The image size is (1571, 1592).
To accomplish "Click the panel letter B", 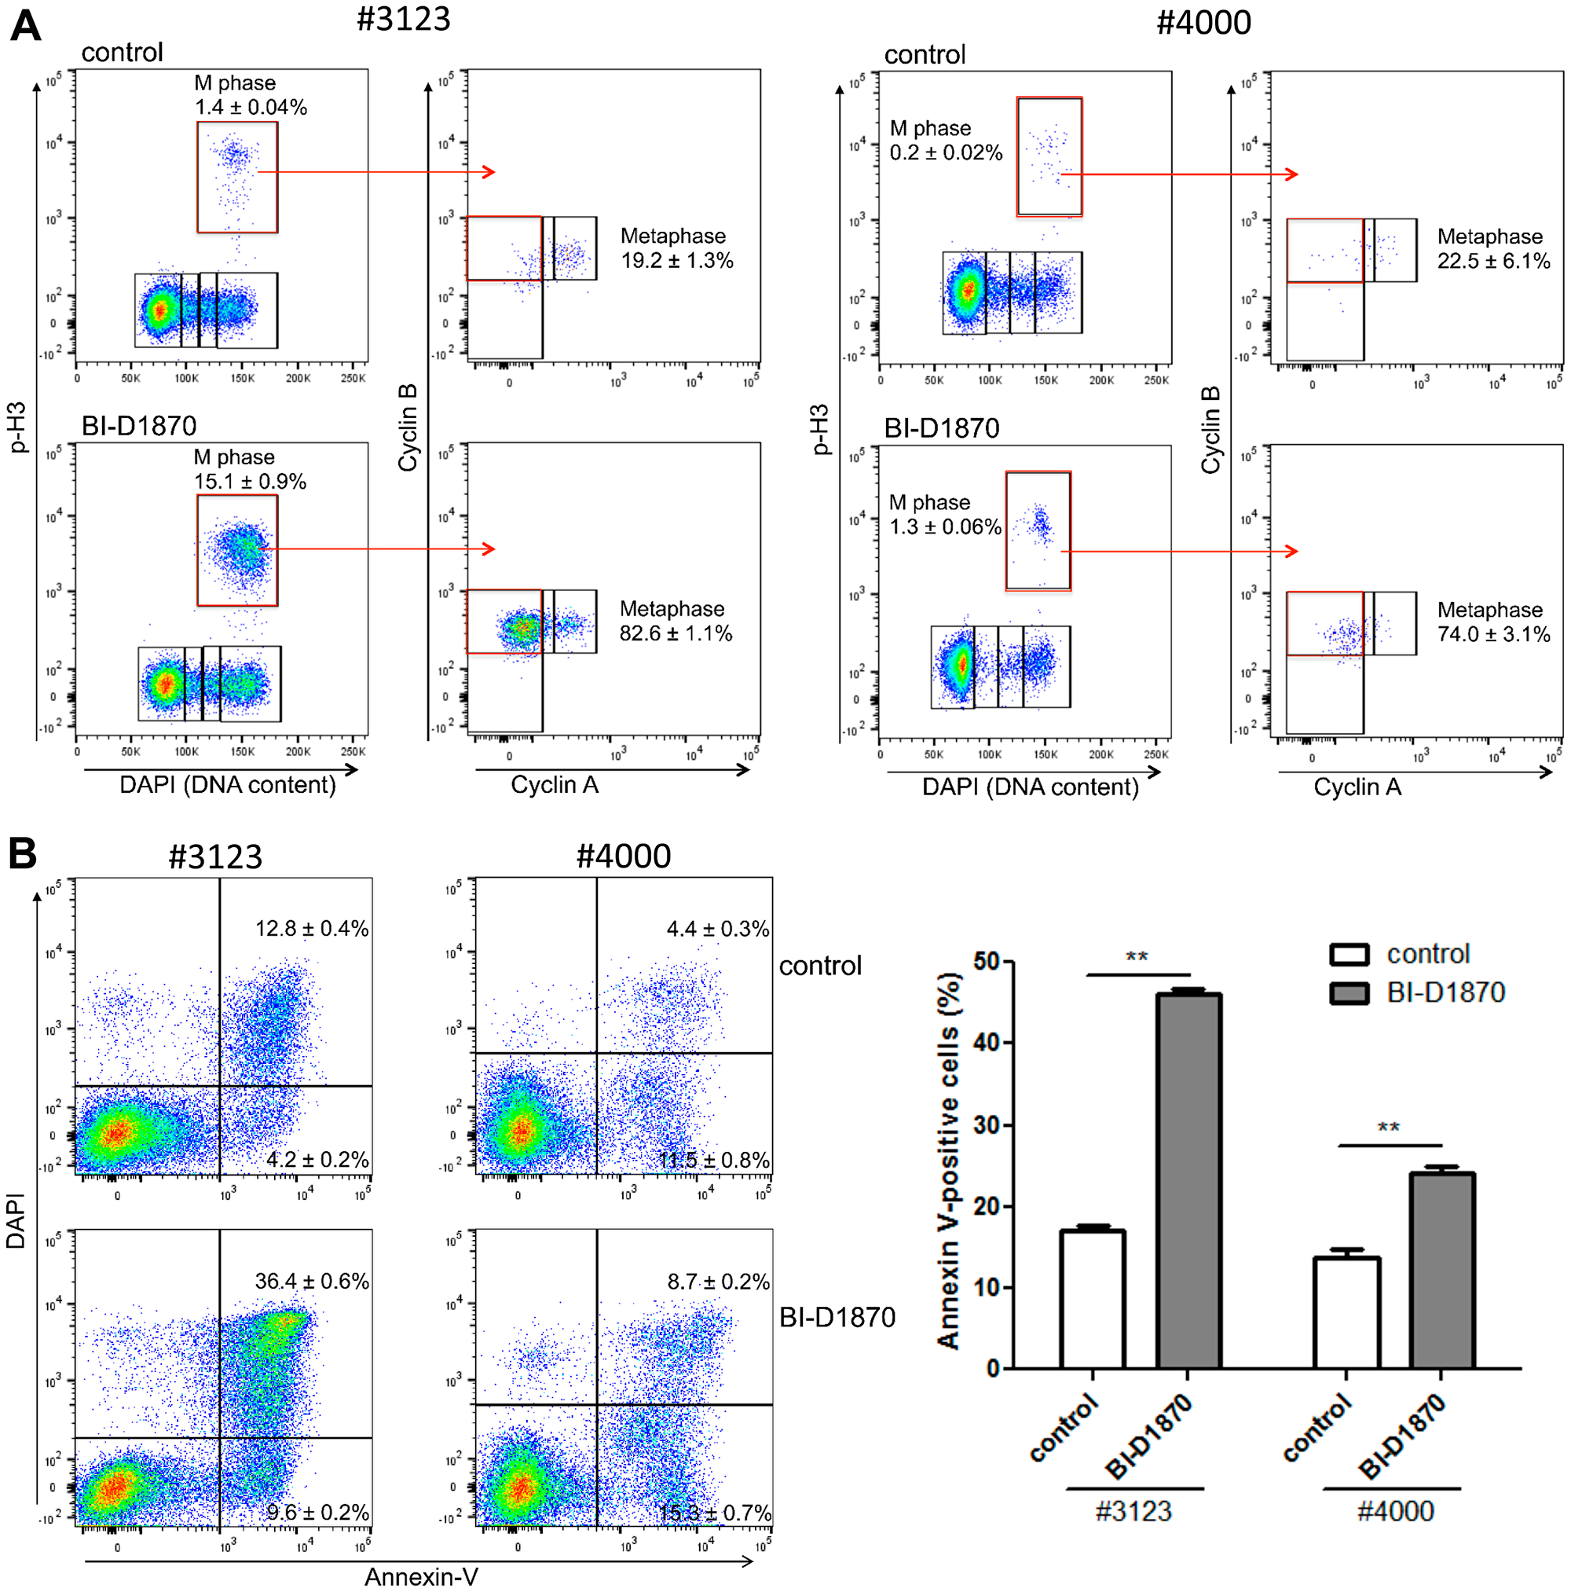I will tap(23, 853).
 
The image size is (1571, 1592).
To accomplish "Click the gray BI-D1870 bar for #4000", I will tap(1441, 1270).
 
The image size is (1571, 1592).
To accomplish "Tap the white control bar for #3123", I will tap(1092, 1299).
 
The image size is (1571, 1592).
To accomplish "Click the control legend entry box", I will tap(1349, 954).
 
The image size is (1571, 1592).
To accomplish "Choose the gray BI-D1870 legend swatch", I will tap(1349, 993).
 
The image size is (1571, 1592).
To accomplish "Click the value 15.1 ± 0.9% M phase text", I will tap(250, 481).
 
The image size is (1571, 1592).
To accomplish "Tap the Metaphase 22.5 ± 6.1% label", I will tap(1492, 249).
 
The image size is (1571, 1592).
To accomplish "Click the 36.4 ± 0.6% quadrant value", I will tap(311, 1281).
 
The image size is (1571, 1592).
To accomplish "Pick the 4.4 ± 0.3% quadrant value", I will tap(716, 929).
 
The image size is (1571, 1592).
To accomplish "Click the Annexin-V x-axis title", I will tap(421, 1575).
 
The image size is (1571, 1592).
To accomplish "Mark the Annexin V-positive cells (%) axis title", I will tap(949, 1162).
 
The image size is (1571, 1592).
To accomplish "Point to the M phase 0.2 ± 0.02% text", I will tap(945, 141).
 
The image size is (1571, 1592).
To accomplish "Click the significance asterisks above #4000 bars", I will tap(1388, 1128).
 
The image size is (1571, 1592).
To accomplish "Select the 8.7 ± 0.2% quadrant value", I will tap(717, 1282).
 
